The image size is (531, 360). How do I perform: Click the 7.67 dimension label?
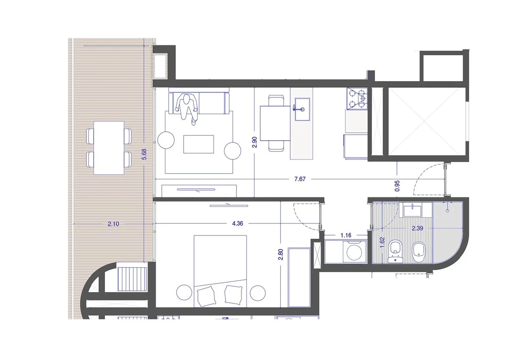[300, 179]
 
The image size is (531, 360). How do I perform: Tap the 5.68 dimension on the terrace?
[144, 154]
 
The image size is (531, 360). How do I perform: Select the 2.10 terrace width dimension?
[113, 224]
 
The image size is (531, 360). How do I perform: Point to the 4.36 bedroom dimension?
[238, 223]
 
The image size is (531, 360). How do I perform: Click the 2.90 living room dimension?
[254, 142]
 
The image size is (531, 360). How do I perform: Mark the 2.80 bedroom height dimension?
[281, 254]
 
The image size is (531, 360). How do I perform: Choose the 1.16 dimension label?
[346, 235]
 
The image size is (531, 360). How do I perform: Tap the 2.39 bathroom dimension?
[417, 228]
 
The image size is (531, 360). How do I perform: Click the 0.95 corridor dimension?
[397, 186]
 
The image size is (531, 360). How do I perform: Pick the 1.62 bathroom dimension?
[382, 243]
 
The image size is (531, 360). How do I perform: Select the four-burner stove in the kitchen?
[357, 98]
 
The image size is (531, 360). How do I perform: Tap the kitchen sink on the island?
[301, 109]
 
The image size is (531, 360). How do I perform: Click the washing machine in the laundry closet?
[355, 252]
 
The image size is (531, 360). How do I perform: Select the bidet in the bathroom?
[419, 252]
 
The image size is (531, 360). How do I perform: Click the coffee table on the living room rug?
[199, 144]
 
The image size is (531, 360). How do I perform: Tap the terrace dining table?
[109, 148]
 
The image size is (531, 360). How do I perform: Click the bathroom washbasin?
[412, 211]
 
